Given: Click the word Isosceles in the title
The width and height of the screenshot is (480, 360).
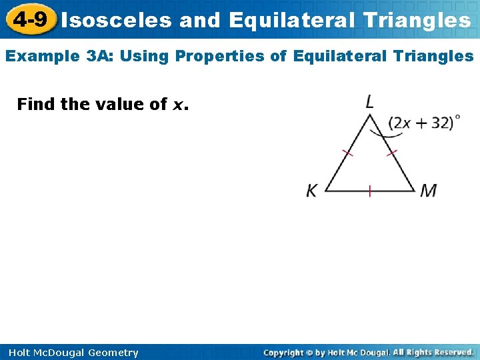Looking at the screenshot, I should coord(117,20).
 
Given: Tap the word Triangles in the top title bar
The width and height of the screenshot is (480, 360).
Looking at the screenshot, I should coord(417,20).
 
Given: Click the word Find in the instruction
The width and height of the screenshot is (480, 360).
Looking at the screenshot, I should coord(37,104).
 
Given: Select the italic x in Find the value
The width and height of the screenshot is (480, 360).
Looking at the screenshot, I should coord(178,105).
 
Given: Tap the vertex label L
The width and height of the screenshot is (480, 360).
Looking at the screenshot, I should coord(369,101).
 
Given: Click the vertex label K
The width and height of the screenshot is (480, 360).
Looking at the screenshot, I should coord(312,191).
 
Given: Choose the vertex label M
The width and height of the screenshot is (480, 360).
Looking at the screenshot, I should coord(428,191).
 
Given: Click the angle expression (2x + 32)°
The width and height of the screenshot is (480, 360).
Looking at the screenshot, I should coord(424,123).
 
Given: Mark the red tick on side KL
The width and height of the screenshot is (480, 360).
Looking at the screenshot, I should coord(347,153).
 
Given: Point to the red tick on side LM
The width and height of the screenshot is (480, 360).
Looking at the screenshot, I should coord(392,153).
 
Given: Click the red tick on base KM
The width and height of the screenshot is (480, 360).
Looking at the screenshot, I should coord(369,191).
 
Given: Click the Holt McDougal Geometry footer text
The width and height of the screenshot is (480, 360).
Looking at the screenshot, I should coord(74,353).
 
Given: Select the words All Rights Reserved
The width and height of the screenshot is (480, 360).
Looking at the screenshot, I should coord(433,352).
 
